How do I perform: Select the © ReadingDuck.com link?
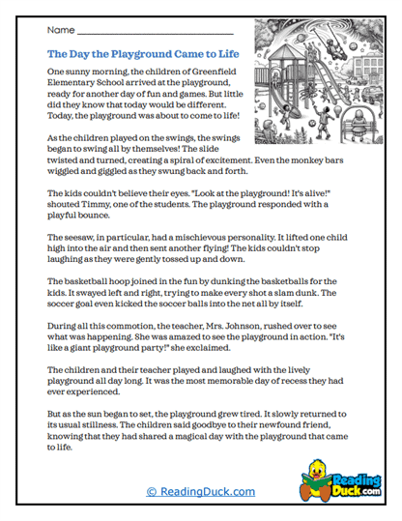(200, 491)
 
